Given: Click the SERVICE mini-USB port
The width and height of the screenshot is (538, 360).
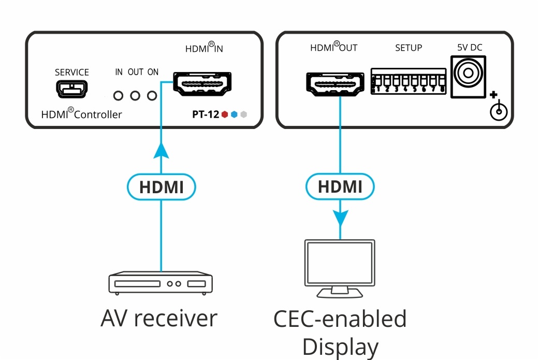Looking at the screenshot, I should pyautogui.click(x=72, y=88).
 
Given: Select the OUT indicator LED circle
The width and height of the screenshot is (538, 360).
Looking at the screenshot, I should pyautogui.click(x=136, y=96).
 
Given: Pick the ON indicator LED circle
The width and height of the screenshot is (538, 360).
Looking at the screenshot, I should pyautogui.click(x=152, y=96).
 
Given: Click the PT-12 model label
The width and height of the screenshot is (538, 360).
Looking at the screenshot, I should pyautogui.click(x=206, y=114).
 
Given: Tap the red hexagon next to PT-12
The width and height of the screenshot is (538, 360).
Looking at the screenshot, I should pyautogui.click(x=224, y=114).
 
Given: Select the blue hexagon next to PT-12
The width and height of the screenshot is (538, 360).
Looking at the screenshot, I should pyautogui.click(x=234, y=114).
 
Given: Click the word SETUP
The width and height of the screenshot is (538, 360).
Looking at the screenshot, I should pyautogui.click(x=409, y=48).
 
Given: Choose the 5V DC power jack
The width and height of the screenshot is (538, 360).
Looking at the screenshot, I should pyautogui.click(x=469, y=76).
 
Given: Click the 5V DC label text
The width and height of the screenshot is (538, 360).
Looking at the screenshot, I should pyautogui.click(x=469, y=48).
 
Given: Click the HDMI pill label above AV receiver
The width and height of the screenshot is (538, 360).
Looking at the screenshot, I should pyautogui.click(x=162, y=187).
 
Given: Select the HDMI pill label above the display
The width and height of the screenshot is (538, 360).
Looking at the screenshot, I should pyautogui.click(x=340, y=187).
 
